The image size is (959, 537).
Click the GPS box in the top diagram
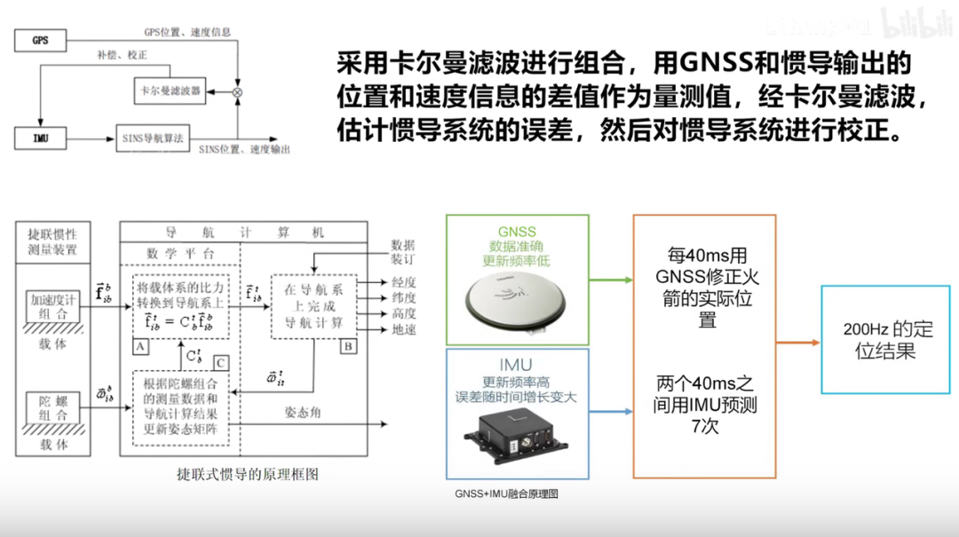tap(40, 41)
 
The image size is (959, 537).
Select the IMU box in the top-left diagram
tap(40, 138)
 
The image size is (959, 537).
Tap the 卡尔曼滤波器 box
tap(169, 91)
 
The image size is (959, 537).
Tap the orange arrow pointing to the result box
tap(797, 342)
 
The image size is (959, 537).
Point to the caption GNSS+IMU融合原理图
tap(506, 494)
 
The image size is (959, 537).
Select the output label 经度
tap(403, 282)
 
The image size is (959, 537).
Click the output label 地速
tap(403, 330)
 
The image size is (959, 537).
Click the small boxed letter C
tap(220, 362)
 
